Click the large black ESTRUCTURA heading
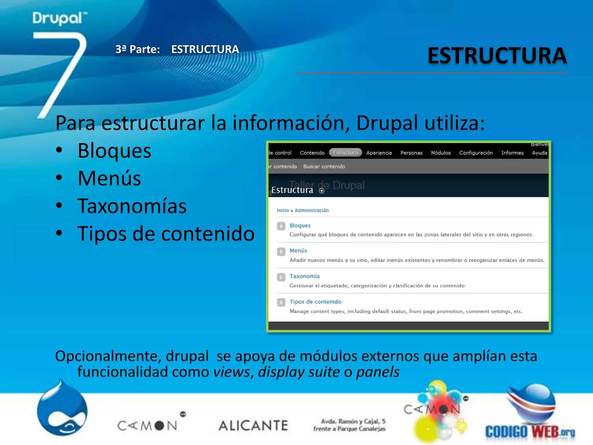(497, 56)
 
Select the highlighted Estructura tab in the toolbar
(345, 153)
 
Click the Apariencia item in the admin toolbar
(379, 153)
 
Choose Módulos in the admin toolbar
(441, 153)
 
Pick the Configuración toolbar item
(476, 153)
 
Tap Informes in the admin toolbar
(512, 153)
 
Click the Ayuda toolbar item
(539, 153)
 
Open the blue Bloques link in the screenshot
(300, 225)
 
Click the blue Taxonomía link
(304, 276)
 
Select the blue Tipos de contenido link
(315, 302)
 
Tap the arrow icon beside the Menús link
(281, 251)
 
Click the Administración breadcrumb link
(312, 210)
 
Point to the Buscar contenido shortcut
(324, 166)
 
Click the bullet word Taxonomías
(132, 206)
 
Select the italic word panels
(378, 372)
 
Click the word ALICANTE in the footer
(253, 425)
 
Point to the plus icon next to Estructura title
(321, 191)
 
